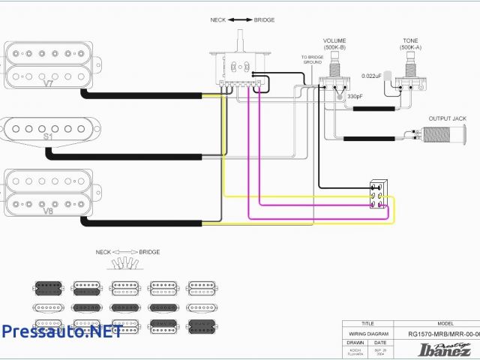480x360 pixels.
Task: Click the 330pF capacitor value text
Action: click(x=355, y=97)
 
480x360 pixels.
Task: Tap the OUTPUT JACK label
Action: click(x=447, y=118)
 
